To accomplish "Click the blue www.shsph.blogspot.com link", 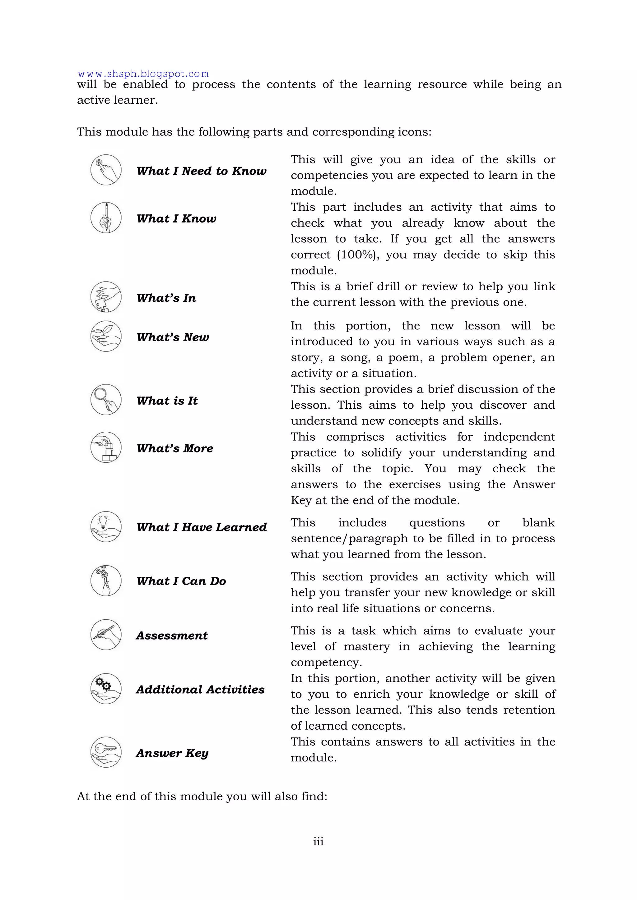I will tap(143, 74).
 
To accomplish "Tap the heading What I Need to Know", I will tap(201, 171).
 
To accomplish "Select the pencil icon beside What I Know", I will tap(106, 218).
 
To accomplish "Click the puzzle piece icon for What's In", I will tap(106, 297).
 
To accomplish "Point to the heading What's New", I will tap(173, 337).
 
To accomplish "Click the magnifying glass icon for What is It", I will tap(106, 400).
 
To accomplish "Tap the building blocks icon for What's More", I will tap(106, 448).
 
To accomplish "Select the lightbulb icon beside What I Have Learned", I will tap(106, 527).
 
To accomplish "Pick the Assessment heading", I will tap(172, 636).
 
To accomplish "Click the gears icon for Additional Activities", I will tap(106, 689).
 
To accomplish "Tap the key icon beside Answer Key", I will tap(106, 752).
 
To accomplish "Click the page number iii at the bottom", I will tap(318, 841).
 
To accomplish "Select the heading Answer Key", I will tap(172, 753).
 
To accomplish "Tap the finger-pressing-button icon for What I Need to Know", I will tap(106, 170).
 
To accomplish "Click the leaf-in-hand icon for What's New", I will tap(106, 336).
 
